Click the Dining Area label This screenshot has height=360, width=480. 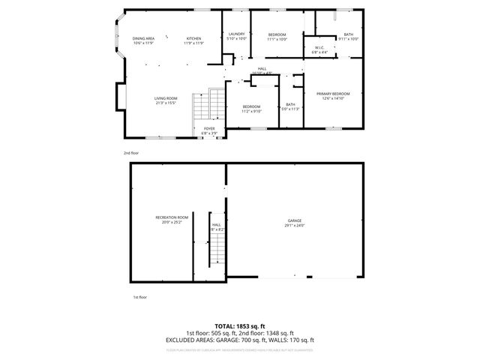point(143,40)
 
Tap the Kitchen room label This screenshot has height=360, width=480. point(194,40)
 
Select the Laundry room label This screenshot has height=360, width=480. point(236,36)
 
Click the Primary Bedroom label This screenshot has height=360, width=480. point(333,96)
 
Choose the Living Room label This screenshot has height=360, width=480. point(166,100)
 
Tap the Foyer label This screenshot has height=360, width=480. point(209,130)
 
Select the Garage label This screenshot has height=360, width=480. point(295,223)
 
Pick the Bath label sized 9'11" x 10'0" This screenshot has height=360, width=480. point(349,36)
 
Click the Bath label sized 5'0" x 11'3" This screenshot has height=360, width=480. point(290,106)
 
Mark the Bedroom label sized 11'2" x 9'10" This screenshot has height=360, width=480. point(251,108)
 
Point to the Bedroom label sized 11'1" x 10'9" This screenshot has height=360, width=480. point(277,36)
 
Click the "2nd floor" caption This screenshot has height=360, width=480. point(131,152)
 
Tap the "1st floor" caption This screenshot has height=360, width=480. point(139,297)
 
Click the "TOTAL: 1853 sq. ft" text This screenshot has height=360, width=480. point(240,326)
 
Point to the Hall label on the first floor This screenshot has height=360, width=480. point(216,226)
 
